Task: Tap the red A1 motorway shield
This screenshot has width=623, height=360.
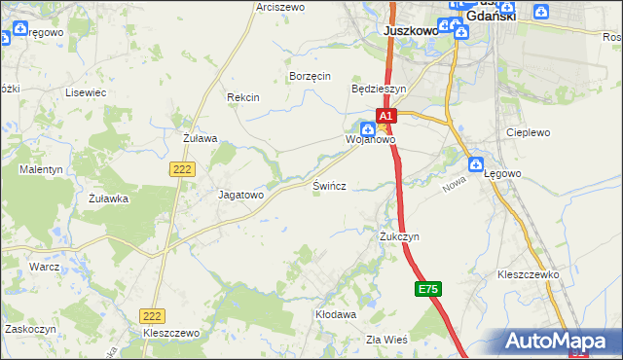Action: point(385,115)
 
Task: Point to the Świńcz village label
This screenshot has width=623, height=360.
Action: point(330,184)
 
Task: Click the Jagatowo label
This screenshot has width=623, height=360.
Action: point(240,195)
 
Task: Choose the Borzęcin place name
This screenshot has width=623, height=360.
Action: point(311,76)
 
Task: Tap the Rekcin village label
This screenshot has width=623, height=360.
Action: point(242,97)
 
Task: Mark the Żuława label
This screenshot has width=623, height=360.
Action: point(200,138)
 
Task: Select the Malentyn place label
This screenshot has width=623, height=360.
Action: point(41,169)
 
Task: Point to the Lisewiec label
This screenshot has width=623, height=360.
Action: point(85,92)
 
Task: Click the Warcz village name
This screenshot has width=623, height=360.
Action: point(45,266)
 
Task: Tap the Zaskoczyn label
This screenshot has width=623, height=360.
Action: point(27,329)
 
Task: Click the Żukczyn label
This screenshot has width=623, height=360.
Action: point(399,236)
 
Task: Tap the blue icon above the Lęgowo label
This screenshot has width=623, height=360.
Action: point(476,164)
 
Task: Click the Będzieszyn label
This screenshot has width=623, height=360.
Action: point(378,88)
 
